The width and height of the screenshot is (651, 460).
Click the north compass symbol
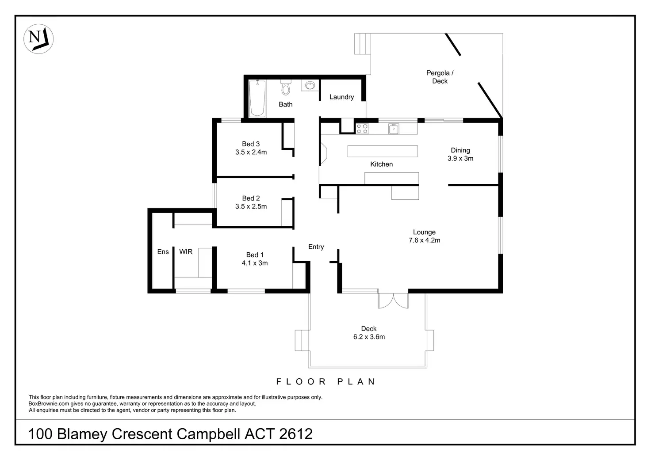pos(38,38)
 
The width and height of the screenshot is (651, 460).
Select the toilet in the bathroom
pos(286,87)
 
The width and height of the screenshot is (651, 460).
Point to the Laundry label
pos(341,97)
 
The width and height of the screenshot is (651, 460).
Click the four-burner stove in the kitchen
pos(362,128)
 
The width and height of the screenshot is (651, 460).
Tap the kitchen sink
pos(394,129)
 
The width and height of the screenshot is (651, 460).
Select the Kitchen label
pos(381,164)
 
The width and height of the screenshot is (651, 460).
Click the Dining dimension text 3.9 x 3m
pos(460,158)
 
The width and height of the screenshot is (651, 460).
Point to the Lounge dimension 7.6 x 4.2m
pos(424,240)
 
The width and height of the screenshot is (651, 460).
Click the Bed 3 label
pos(251,144)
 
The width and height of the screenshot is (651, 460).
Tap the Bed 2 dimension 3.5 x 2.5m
pos(251,206)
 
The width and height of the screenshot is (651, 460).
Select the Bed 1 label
pos(255,255)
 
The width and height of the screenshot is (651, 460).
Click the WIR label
pos(186,251)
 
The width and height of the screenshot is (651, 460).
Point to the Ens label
pos(163,251)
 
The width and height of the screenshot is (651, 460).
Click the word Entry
pos(316,247)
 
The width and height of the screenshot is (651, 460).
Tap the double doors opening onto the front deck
pos(393,300)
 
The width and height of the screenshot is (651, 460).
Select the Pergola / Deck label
pos(440,77)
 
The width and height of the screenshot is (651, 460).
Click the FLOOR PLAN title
pos(325,381)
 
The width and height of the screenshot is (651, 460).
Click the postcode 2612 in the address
pos(296,434)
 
